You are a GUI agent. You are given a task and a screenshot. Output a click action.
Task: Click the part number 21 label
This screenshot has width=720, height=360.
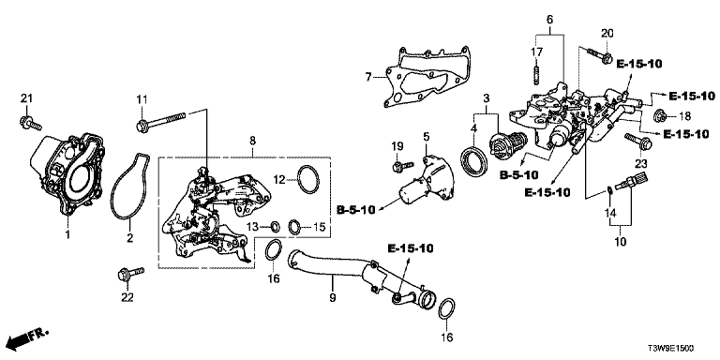[x=27, y=98]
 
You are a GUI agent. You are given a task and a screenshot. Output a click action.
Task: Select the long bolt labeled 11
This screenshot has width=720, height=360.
[x=160, y=121]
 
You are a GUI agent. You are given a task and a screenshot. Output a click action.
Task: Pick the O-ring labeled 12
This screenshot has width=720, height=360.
[x=308, y=180]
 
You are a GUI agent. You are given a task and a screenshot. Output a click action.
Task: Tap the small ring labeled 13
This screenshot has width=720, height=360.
[x=275, y=225]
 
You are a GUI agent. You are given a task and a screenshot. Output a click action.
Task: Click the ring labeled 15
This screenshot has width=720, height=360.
[x=294, y=226]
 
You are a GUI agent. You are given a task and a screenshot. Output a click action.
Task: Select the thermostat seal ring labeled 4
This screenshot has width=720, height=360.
[x=473, y=160]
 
